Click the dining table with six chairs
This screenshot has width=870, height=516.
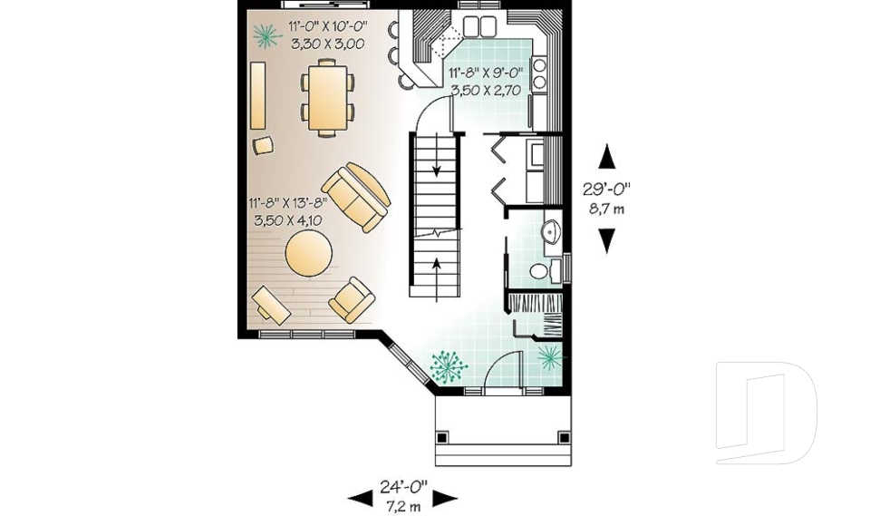327,95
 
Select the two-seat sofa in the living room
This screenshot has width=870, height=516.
357,197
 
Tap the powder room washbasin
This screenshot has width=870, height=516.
552,234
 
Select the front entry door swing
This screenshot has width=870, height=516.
501,372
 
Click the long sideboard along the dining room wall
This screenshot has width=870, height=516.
258,96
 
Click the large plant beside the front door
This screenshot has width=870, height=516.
448,366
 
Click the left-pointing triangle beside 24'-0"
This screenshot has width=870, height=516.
360,497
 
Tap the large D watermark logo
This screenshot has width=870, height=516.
766,412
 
